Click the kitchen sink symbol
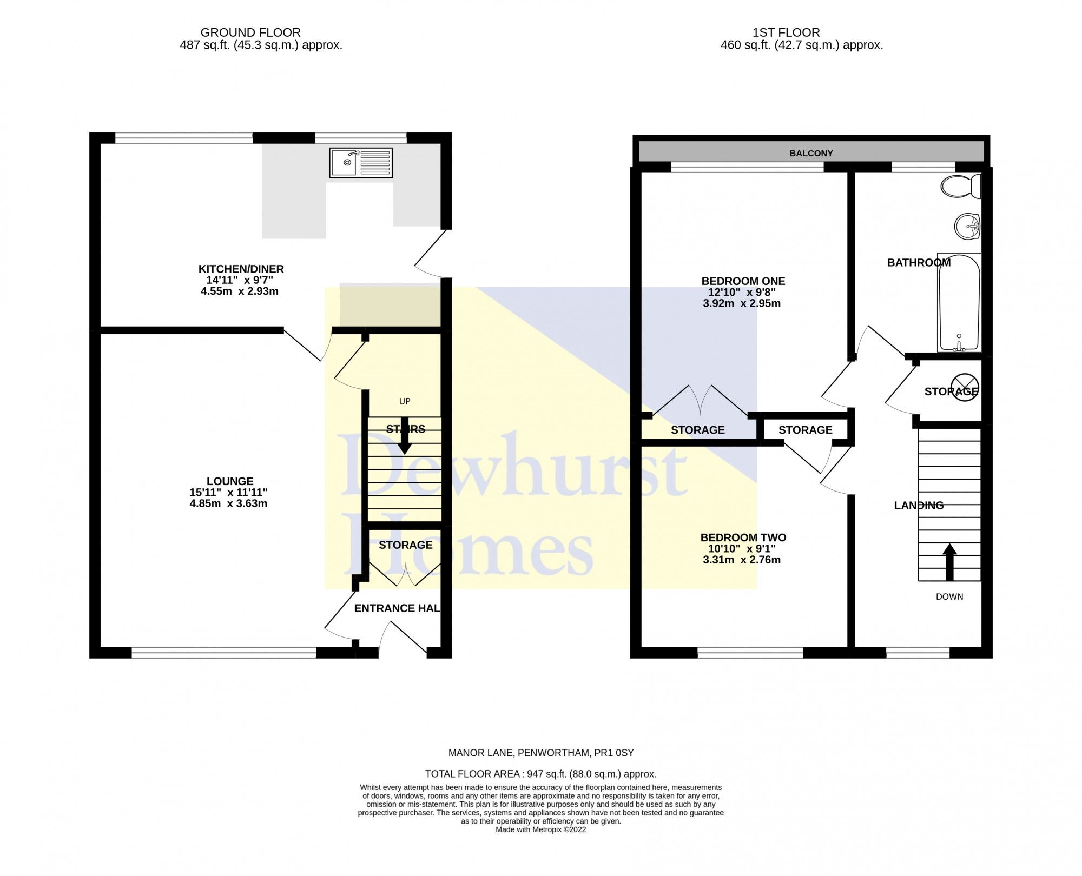point(361,162)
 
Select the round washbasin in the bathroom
point(967,226)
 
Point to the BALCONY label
point(811,153)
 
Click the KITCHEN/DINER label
point(241,269)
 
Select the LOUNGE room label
point(230,481)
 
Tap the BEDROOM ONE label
point(743,281)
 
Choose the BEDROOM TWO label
point(743,537)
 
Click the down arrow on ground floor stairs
point(405,437)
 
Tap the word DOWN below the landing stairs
point(949,596)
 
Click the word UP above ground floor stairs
point(405,401)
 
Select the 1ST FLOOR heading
point(801,32)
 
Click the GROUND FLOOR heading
point(250,32)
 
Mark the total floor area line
point(540,774)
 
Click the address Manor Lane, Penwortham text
point(540,752)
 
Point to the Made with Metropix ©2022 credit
point(540,829)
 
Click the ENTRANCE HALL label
point(397,608)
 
